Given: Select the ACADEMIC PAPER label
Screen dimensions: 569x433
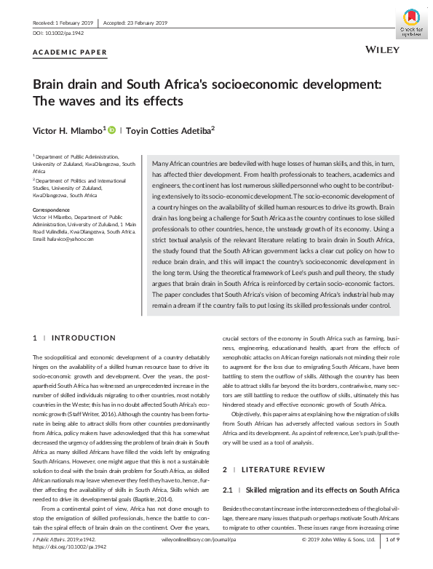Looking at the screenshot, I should pos(71,52).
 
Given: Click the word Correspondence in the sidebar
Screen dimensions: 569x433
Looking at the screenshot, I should pos(51,210).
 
